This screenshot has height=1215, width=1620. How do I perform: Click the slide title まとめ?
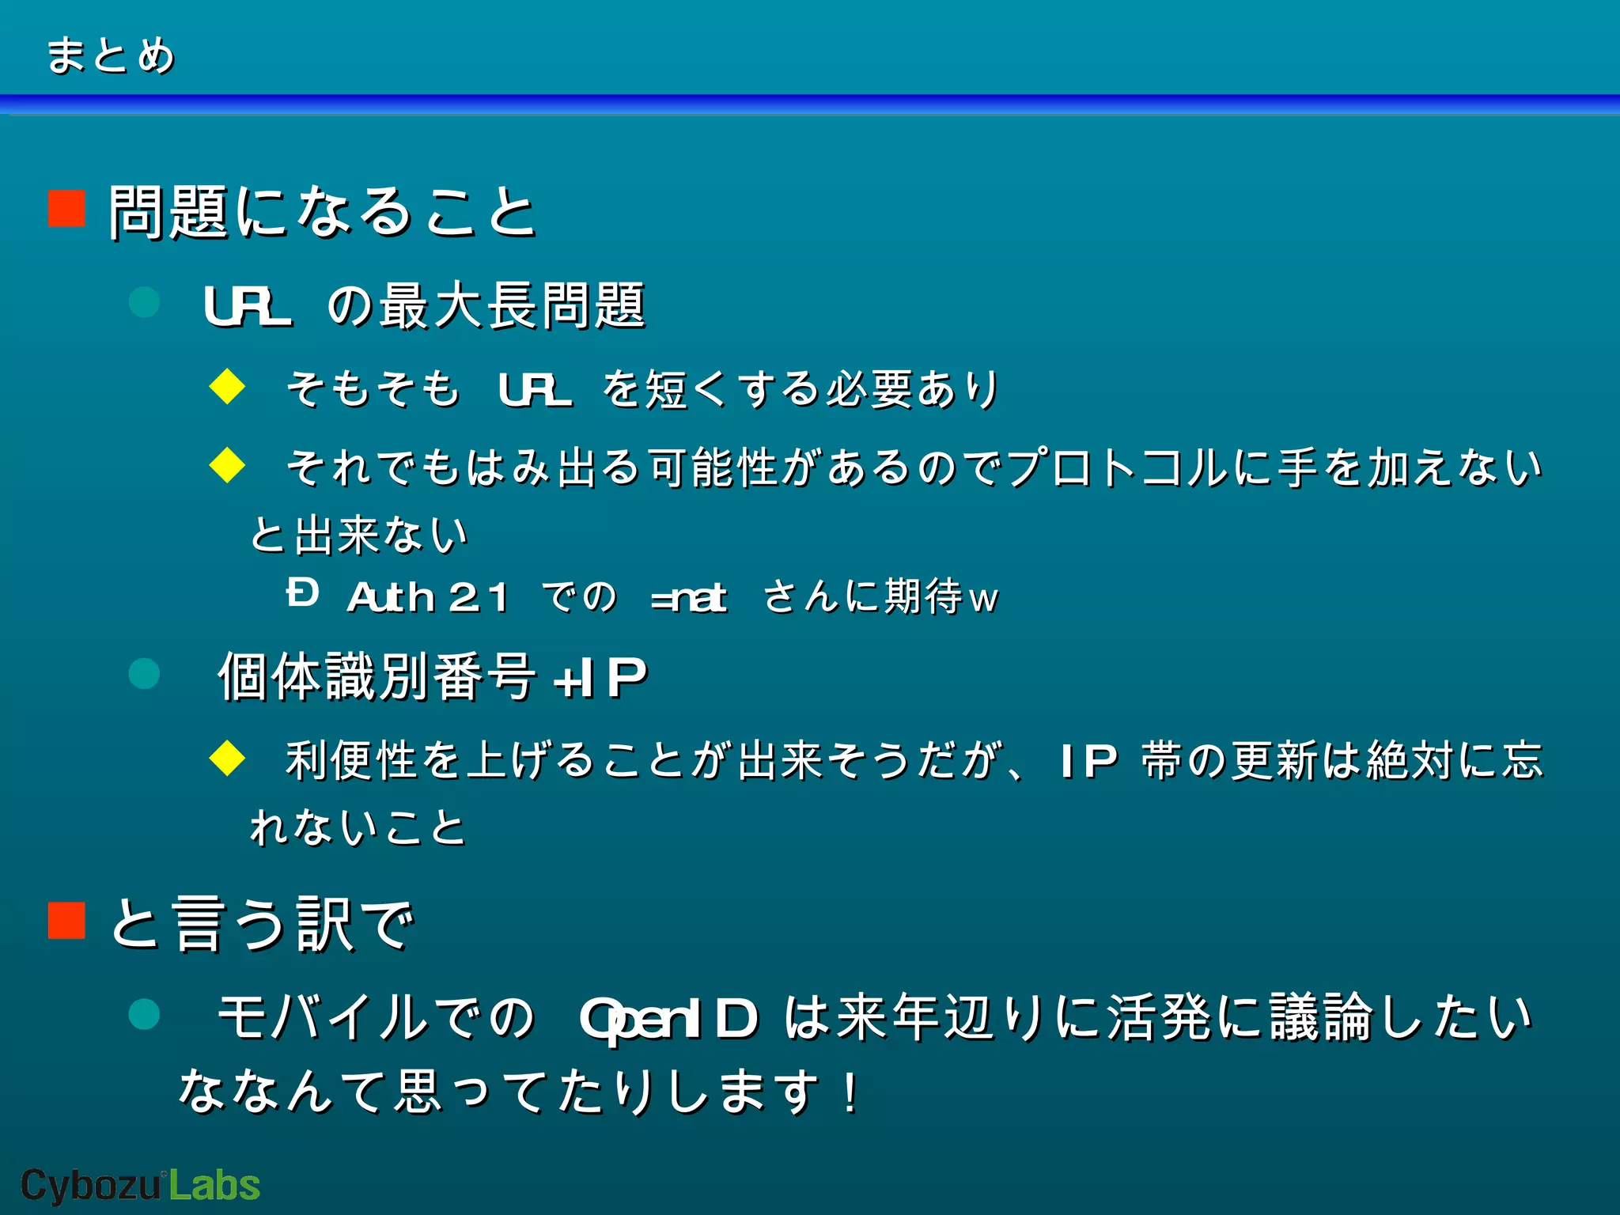[x=110, y=55]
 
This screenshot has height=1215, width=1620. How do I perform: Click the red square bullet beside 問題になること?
[x=66, y=209]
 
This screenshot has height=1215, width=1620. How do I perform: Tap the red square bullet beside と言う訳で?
[x=66, y=920]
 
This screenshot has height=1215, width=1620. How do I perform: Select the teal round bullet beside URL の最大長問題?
[x=144, y=302]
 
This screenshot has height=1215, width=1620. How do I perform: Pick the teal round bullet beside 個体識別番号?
[x=144, y=674]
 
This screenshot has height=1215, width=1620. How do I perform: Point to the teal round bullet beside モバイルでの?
[x=144, y=1014]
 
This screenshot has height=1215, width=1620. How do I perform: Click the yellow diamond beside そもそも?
[x=228, y=387]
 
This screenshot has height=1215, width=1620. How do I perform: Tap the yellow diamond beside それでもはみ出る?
[x=228, y=464]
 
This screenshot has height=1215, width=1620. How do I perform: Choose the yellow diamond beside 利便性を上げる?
[x=228, y=758]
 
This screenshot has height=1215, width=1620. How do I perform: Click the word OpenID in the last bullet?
[x=668, y=1019]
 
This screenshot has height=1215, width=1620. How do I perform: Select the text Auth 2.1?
[x=428, y=597]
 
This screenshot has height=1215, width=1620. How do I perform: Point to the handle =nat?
[x=688, y=598]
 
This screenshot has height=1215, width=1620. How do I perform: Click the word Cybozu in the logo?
[x=90, y=1186]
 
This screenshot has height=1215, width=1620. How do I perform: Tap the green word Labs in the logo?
[x=214, y=1186]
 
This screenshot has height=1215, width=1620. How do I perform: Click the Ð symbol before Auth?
[x=302, y=592]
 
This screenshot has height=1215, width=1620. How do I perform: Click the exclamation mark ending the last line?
[x=851, y=1092]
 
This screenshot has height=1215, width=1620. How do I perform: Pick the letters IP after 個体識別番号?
[x=614, y=678]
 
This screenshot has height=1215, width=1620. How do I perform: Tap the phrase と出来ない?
[x=359, y=536]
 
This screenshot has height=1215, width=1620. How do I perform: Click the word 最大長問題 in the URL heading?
[x=513, y=306]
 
